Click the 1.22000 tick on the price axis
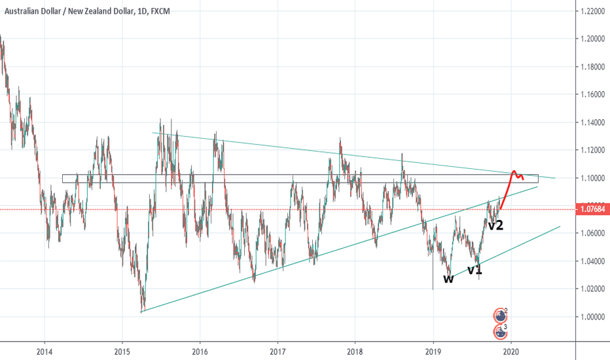[591, 12]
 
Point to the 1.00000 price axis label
[591, 317]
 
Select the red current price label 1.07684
[591, 209]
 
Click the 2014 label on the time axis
[45, 350]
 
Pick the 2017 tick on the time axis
[278, 350]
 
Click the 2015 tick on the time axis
[122, 350]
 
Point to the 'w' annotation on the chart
[448, 279]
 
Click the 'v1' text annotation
[475, 269]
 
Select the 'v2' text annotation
[495, 225]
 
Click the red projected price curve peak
[514, 171]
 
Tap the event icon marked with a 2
[501, 314]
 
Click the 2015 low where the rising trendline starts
[141, 312]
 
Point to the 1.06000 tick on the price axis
[591, 234]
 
